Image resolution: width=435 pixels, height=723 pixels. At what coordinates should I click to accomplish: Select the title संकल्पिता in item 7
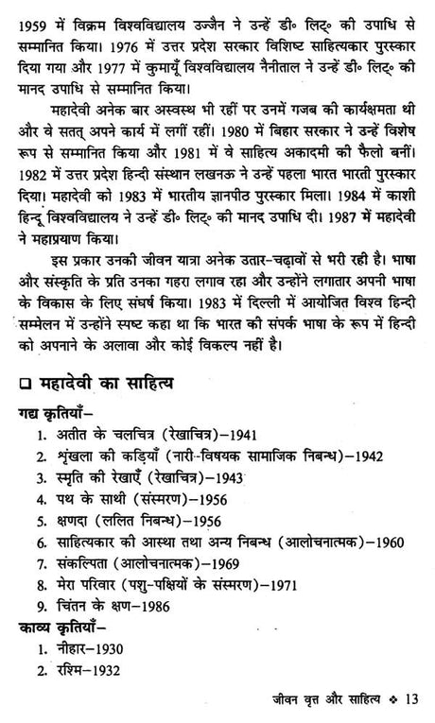(x=81, y=562)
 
